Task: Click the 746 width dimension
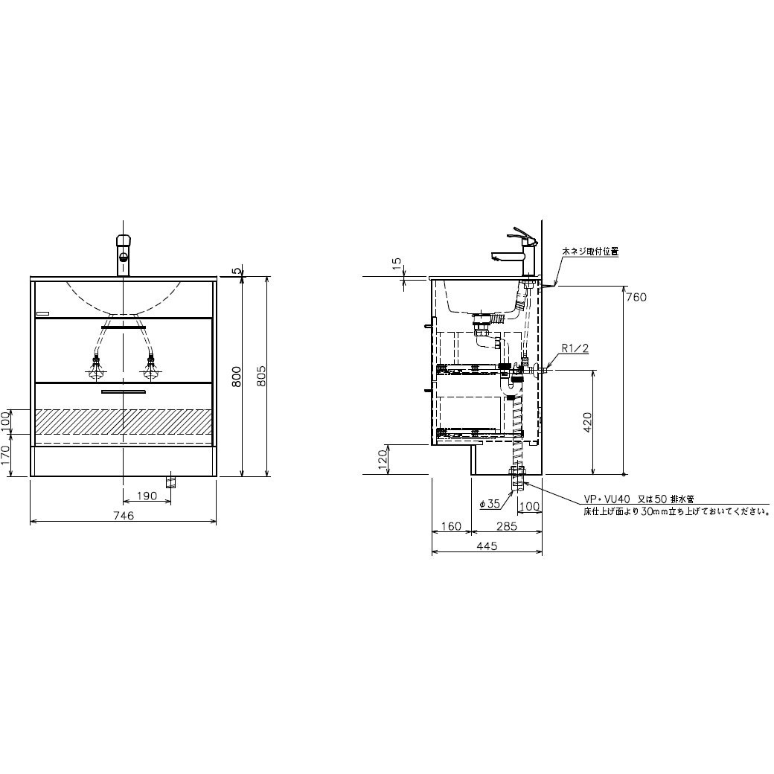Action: coord(124,516)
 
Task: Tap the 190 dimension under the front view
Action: coord(147,496)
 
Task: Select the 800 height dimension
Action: coord(237,377)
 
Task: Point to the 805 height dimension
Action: coord(262,377)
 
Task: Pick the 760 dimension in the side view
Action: coord(636,297)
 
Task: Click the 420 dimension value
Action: coord(587,422)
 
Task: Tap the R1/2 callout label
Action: coord(575,348)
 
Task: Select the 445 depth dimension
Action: coord(487,546)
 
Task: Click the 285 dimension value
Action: coord(507,526)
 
